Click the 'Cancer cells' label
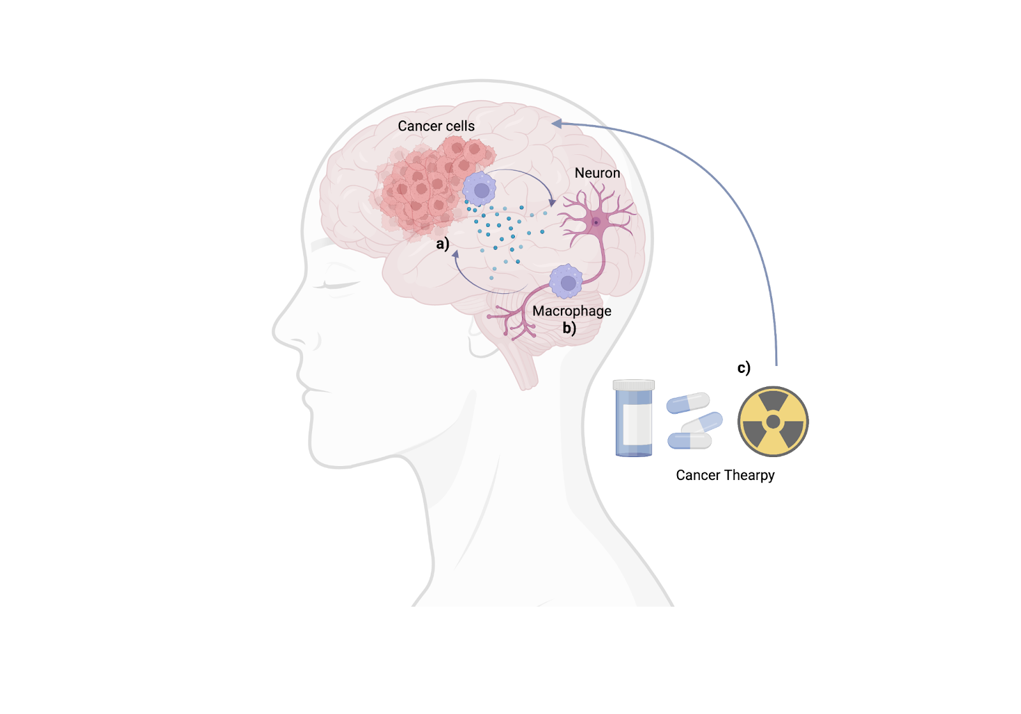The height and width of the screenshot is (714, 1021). tap(436, 126)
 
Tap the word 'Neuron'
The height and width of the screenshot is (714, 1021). tap(597, 173)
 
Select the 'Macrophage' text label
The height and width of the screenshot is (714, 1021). tap(572, 311)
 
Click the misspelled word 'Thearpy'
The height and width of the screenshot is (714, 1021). tap(749, 476)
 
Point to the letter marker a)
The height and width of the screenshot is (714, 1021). tap(443, 244)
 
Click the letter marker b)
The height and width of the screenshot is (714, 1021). tap(569, 328)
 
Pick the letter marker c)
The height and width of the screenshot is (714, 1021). tap(743, 368)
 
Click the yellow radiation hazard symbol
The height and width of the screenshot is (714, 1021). tap(773, 421)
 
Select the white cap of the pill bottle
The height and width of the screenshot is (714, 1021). tap(634, 384)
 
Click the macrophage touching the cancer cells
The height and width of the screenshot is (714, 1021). tap(479, 189)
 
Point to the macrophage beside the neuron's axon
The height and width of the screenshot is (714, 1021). tap(566, 282)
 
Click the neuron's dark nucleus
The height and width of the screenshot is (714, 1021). tap(596, 222)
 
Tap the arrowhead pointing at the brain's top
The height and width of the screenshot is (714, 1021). tap(556, 124)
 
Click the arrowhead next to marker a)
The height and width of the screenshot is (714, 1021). tap(456, 254)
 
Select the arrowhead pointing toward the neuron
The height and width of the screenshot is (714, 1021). tap(553, 202)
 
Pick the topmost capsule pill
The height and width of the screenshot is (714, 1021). tap(688, 403)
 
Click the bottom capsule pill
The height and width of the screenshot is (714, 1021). tap(689, 441)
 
